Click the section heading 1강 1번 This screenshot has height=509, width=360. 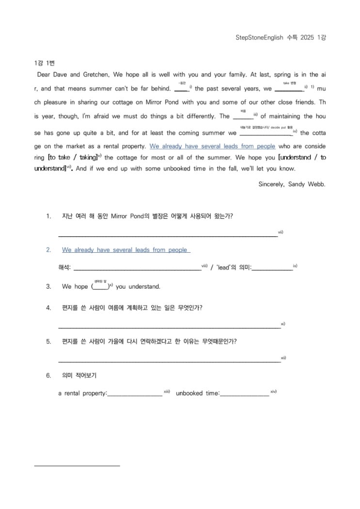[45, 63]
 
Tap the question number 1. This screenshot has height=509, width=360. [48, 216]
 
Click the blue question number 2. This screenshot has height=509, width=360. [48, 250]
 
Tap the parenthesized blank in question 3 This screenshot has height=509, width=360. [100, 287]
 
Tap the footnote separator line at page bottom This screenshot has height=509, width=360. [77, 466]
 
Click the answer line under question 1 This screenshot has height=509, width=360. [168, 236]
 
